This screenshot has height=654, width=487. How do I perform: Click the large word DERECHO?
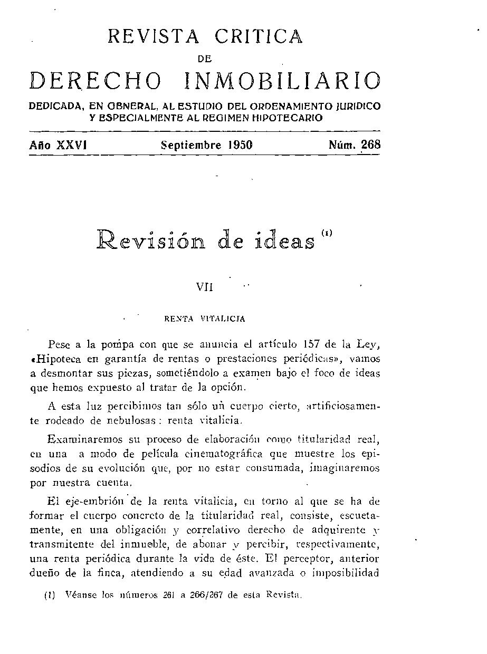(96, 80)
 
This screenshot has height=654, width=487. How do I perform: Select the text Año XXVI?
(58, 145)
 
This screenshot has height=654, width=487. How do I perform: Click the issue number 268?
(370, 145)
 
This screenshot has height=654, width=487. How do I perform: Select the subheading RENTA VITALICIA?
(204, 319)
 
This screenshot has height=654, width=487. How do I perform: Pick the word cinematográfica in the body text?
(235, 454)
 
